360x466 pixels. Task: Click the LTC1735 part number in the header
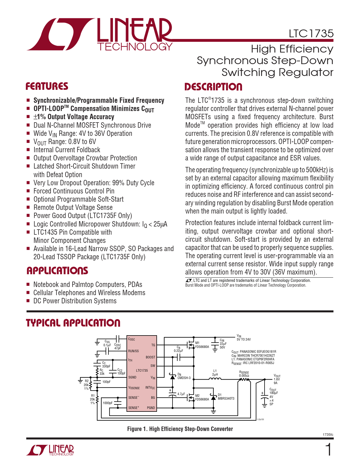[x=311, y=34]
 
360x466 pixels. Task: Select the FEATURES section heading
[x=47, y=86]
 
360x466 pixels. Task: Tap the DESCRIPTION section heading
[x=213, y=87]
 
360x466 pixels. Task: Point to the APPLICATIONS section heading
[x=57, y=271]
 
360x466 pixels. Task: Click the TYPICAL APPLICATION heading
[x=73, y=323]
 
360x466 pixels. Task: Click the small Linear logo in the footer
[x=50, y=450]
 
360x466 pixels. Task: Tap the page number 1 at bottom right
[x=328, y=450]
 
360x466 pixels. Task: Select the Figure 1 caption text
[x=180, y=429]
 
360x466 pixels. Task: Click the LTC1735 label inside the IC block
[x=142, y=370]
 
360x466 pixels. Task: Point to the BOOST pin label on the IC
[x=150, y=357]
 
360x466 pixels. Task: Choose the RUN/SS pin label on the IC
[x=134, y=351]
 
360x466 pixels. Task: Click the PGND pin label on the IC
[x=151, y=408]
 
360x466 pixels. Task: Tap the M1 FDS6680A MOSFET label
[x=202, y=345]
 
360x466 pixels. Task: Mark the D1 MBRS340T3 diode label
[x=226, y=397]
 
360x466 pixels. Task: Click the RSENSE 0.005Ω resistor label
[x=244, y=374]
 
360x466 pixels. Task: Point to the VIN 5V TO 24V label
[x=243, y=338]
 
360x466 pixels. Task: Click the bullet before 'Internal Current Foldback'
[x=28, y=150]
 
